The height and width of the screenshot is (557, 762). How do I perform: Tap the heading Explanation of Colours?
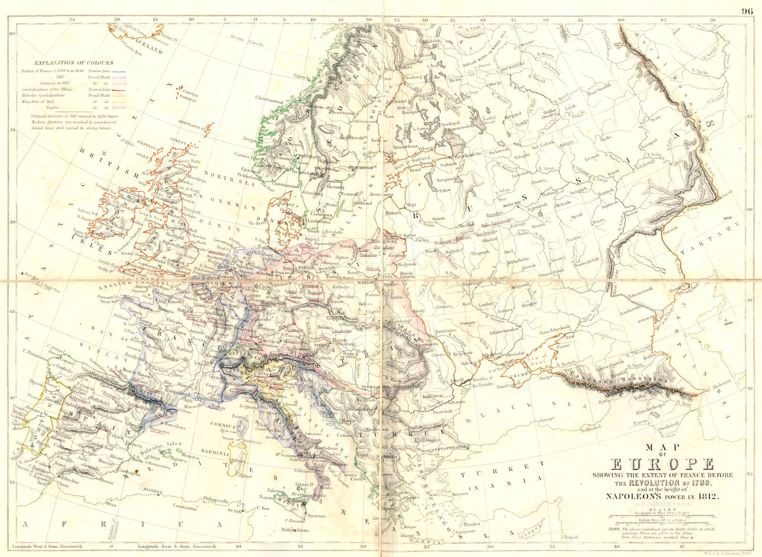coord(73,62)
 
